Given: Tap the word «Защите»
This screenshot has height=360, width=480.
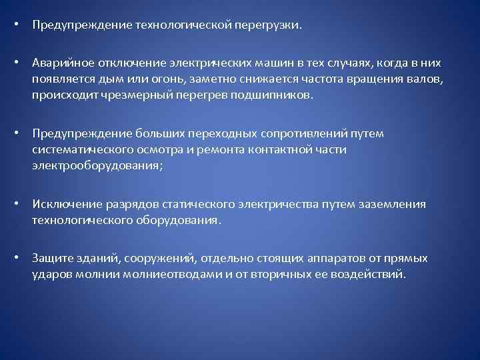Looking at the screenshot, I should pos(51,258).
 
